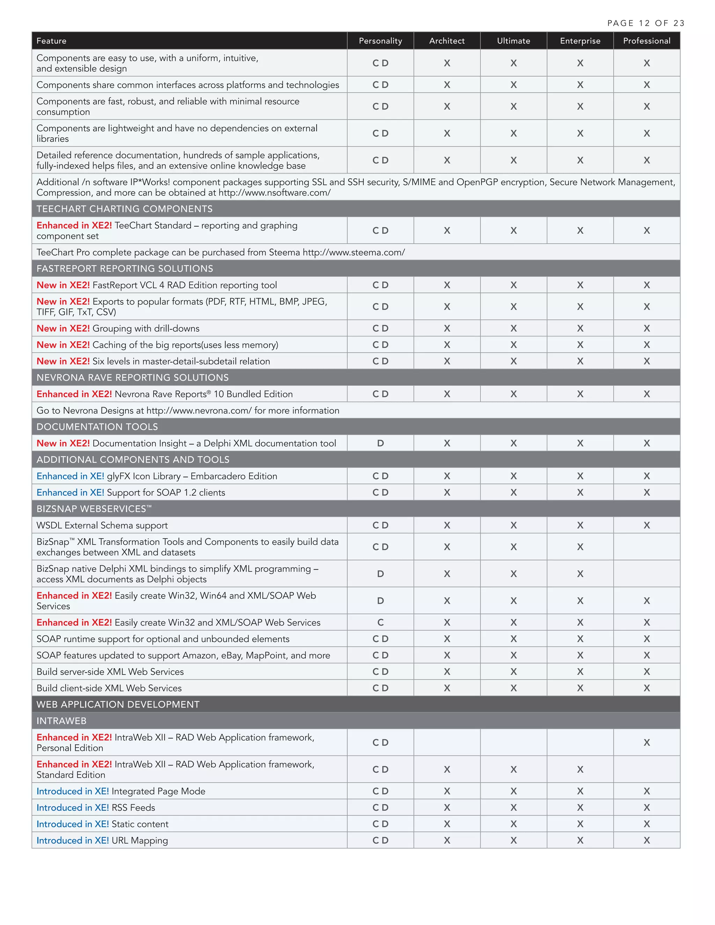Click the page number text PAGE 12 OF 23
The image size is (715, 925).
tap(646, 23)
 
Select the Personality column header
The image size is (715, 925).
tap(380, 40)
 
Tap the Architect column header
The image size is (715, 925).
tap(447, 40)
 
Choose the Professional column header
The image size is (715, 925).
tap(646, 40)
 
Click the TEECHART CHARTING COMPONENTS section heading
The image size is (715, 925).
tap(125, 209)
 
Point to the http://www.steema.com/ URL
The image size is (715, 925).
tap(354, 252)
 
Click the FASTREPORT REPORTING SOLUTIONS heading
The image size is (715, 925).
tap(125, 268)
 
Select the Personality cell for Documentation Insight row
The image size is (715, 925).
tap(380, 443)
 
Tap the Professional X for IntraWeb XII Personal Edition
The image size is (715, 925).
tap(646, 742)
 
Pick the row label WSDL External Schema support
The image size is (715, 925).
tap(102, 526)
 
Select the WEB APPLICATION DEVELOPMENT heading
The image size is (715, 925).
tap(118, 704)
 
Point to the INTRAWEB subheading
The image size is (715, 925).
tap(61, 721)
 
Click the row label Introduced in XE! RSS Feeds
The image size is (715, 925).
tap(96, 808)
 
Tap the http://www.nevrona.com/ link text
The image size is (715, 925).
tap(199, 411)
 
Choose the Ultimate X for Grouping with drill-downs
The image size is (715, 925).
tap(513, 328)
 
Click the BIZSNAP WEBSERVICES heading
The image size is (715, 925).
tap(94, 509)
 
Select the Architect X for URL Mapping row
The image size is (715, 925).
tap(447, 840)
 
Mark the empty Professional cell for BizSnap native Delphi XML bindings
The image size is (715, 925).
tap(646, 574)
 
